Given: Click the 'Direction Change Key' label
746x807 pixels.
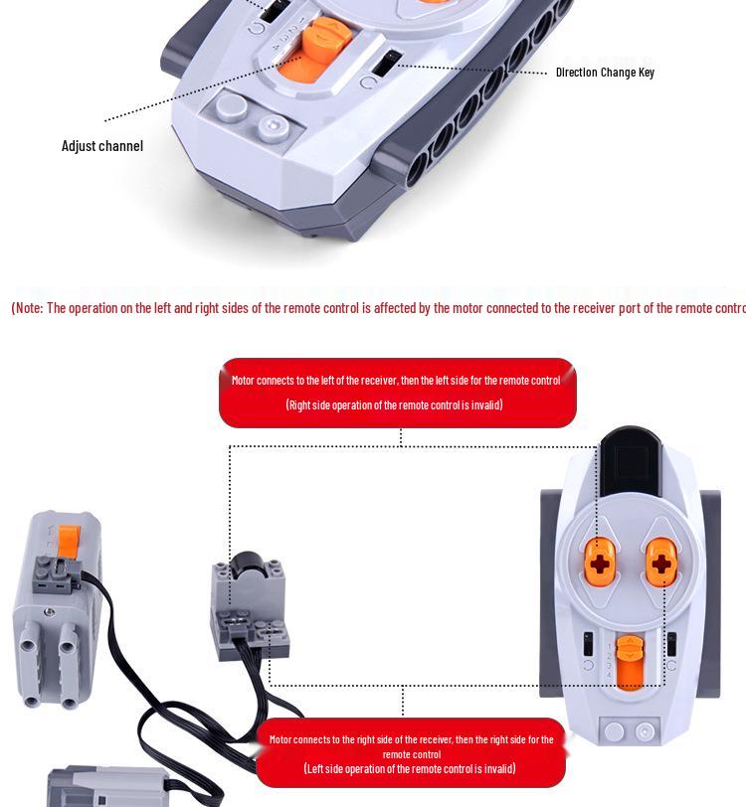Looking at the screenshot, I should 605,73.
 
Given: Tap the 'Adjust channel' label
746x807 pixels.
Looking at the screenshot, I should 102,146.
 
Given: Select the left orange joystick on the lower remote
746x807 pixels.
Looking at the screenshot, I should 598,563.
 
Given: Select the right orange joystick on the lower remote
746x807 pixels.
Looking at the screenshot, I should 661,563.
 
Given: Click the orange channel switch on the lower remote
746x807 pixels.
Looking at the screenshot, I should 629,661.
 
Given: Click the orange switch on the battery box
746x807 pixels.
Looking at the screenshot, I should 68,541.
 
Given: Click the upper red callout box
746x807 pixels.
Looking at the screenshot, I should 397,393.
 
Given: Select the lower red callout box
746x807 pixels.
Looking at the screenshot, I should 411,753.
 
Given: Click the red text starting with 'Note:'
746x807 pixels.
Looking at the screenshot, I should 378,308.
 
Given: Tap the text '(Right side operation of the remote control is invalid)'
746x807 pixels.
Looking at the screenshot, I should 394,404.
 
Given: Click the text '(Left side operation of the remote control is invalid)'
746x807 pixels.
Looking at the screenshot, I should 410,768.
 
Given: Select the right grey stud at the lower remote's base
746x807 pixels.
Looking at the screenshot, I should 646,732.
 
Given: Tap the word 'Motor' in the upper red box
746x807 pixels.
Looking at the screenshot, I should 244,380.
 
